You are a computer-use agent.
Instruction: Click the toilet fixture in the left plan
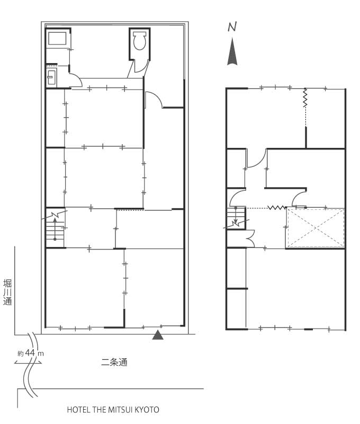pos(140,41)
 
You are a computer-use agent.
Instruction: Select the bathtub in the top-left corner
pos(57,38)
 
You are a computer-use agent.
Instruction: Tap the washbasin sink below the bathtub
pos(51,77)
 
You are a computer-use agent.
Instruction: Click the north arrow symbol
pos(232,51)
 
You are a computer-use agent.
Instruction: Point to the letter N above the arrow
pos(232,27)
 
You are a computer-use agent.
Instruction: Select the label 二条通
pos(114,362)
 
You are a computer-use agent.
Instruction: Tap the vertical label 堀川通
pos(7,293)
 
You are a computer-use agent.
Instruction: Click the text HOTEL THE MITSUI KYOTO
pos(113,410)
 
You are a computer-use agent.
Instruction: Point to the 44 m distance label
pos(31,353)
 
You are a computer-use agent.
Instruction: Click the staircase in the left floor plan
pos(56,228)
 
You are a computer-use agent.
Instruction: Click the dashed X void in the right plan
pos(316,228)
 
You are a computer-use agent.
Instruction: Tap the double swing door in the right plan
pos(250,238)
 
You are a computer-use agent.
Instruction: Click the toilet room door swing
pos(141,67)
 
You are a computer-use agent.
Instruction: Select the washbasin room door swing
pos(76,81)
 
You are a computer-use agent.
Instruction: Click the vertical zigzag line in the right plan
pos(305,98)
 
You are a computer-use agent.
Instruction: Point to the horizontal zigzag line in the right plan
pos(276,208)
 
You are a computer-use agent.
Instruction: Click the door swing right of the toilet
pos(154,100)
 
